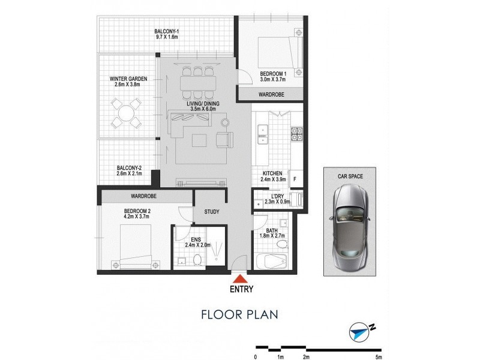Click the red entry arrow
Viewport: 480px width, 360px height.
click(x=239, y=278)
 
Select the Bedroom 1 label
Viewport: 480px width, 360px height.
click(x=274, y=74)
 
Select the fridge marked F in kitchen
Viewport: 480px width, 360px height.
click(x=296, y=178)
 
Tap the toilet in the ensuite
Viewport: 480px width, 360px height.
click(x=196, y=260)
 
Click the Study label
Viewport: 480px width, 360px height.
click(x=211, y=212)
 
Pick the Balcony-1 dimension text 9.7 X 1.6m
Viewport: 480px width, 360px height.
click(x=166, y=37)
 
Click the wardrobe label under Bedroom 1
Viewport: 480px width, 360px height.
click(x=271, y=95)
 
